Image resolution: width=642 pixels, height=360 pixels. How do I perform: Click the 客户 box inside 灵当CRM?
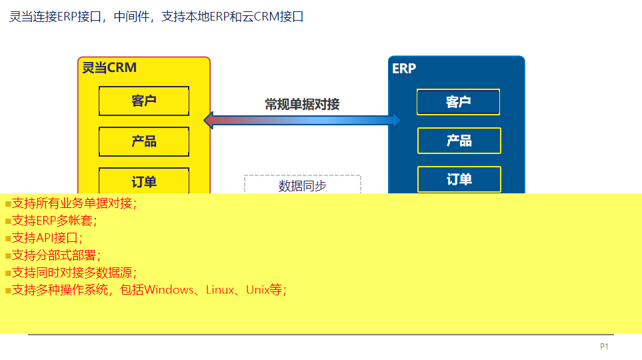[144, 101]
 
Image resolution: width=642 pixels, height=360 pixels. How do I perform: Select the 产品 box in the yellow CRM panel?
[144, 141]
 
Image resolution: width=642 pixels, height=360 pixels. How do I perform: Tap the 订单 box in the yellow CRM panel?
[144, 180]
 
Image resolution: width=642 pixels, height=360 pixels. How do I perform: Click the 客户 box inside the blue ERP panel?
[458, 102]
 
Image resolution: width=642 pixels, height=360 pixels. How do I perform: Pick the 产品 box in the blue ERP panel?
[459, 141]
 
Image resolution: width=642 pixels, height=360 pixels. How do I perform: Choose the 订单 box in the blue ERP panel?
[459, 179]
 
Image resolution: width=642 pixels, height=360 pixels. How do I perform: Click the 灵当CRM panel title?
[109, 67]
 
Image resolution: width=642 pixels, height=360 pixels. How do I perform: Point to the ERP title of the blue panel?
[404, 69]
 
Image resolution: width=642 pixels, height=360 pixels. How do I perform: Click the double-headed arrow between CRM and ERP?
[302, 121]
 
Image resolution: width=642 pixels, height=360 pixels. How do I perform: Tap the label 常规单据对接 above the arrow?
[302, 105]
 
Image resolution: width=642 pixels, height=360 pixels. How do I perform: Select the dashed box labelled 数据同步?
[302, 184]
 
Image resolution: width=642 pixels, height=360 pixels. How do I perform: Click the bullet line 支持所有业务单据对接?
[71, 203]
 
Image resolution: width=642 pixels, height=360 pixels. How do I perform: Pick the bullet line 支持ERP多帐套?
[51, 221]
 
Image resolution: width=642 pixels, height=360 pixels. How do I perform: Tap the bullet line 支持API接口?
[44, 238]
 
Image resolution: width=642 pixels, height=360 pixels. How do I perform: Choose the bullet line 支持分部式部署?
[53, 255]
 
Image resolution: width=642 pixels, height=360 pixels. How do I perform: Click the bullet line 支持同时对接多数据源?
[71, 273]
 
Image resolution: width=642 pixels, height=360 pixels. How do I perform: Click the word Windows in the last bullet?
[169, 290]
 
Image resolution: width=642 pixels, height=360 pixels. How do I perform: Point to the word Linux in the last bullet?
[220, 290]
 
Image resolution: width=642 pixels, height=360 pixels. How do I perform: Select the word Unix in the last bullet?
[257, 290]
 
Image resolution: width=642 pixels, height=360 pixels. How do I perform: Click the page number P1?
[604, 347]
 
